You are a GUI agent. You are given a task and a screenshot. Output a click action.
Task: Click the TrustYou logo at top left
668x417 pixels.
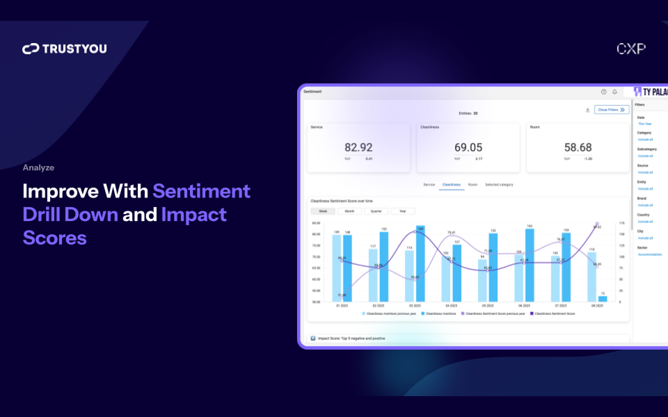click(x=64, y=49)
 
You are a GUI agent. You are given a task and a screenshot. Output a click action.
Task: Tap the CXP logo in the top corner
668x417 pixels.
click(x=630, y=49)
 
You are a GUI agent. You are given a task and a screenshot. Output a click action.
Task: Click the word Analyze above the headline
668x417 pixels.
click(x=38, y=167)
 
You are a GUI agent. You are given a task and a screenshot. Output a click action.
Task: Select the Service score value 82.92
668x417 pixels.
click(x=358, y=147)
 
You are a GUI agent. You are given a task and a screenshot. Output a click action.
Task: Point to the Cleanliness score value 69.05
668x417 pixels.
click(x=468, y=147)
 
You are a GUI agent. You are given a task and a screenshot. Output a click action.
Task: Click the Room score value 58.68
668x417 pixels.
click(x=578, y=147)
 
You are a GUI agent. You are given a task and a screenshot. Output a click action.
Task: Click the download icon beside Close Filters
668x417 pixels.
click(x=587, y=110)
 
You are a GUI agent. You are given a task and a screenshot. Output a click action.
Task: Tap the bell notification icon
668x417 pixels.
click(x=614, y=92)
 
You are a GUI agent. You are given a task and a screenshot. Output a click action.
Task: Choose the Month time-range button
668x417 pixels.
click(x=349, y=211)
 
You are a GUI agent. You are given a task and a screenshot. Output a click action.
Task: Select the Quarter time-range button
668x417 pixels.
click(x=376, y=211)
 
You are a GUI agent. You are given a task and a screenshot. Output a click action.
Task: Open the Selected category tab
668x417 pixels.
click(x=499, y=185)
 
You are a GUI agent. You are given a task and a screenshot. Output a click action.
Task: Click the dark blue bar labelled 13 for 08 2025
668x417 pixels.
click(x=602, y=299)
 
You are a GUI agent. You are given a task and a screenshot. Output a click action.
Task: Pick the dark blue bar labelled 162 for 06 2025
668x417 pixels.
click(x=530, y=265)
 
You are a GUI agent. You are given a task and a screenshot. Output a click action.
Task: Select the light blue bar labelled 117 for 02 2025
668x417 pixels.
click(x=373, y=275)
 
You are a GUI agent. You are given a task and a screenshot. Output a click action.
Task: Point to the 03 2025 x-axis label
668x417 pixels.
click(x=414, y=306)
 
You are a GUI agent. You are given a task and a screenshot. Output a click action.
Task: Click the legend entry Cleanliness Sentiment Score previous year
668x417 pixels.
click(x=493, y=313)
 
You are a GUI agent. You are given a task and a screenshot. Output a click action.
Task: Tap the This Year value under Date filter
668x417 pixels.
click(x=644, y=124)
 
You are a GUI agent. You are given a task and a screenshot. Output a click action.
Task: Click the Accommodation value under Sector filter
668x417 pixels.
click(x=650, y=254)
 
